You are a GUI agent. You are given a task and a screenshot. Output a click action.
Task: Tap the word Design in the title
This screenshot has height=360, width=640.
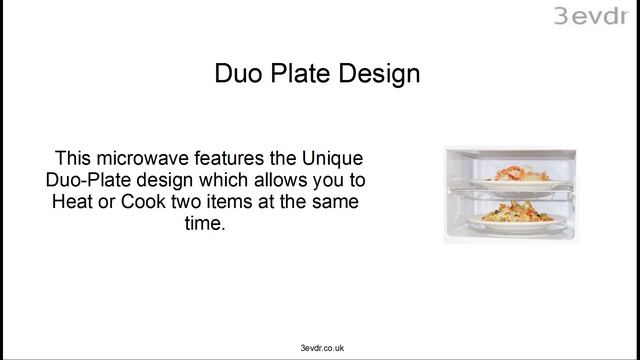coord(377,74)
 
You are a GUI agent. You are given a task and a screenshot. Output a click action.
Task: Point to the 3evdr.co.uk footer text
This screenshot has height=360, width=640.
coord(315,347)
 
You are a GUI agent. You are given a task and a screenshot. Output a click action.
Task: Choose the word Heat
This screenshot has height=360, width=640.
coord(71,203)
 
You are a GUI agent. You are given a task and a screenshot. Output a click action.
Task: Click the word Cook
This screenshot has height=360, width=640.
coord(138,203)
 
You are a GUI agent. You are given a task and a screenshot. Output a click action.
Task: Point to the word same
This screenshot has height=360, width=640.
coord(335,203)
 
